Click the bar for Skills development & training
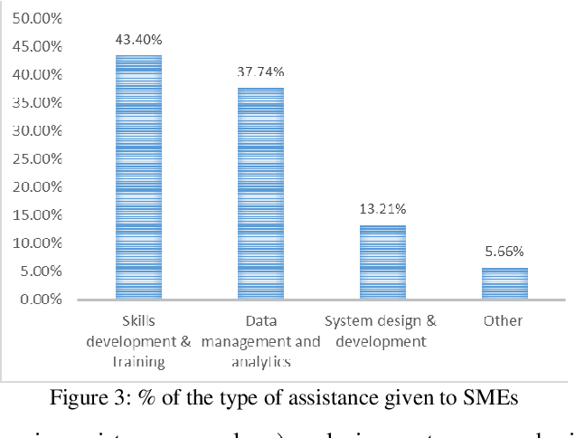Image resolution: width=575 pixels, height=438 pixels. coord(138,177)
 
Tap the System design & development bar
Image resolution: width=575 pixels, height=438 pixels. coord(382,262)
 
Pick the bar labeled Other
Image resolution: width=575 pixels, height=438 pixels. coord(504,283)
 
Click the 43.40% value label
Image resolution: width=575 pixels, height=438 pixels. coord(138,40)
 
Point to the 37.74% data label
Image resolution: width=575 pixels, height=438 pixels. coord(260,72)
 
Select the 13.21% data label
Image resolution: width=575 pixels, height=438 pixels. coord(382,210)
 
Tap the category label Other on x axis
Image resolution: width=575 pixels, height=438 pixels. coord(504,321)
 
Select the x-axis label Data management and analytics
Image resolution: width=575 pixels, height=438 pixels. coord(260,341)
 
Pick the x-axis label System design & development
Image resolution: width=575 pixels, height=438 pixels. coord(382,331)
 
